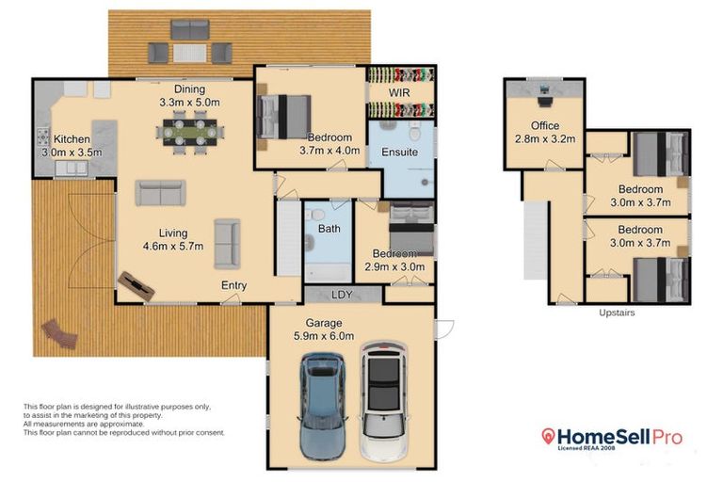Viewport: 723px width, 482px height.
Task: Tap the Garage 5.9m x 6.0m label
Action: pos(323,329)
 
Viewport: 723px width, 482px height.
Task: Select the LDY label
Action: pos(343,295)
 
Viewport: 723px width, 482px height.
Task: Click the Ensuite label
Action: pos(399,152)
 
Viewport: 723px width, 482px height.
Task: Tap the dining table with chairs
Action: pos(191,131)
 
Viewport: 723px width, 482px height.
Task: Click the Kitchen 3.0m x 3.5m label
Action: pos(71,145)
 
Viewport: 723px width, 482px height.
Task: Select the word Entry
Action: pos(234,285)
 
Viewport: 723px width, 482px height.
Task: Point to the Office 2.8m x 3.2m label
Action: pos(544,132)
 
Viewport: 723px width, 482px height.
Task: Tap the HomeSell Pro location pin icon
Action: pos(548,437)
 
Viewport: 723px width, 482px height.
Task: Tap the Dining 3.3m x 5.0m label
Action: pos(188,95)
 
